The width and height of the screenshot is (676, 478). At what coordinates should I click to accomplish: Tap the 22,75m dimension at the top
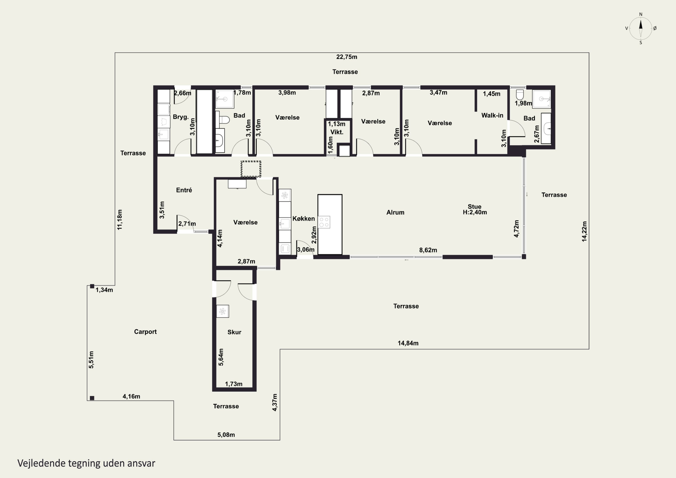coord(347,57)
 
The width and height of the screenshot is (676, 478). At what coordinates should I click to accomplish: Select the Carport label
coord(145,332)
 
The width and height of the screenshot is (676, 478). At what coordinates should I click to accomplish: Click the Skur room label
coord(234,332)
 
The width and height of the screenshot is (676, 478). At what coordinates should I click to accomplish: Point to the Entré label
coord(184,190)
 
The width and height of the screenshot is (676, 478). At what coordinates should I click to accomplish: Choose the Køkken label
coord(304,219)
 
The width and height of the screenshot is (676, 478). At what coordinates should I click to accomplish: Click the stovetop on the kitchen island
coord(324,222)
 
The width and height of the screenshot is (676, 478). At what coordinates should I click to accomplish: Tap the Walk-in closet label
coord(492,115)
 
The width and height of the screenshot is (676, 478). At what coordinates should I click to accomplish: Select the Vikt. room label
coord(337,132)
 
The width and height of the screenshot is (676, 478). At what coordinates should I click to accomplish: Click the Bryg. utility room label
coord(181,117)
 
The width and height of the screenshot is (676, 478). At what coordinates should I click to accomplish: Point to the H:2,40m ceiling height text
coord(475,212)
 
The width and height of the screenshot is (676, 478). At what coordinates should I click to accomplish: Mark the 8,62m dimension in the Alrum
coord(428,250)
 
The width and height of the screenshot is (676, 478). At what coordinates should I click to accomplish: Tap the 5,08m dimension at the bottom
coord(226,435)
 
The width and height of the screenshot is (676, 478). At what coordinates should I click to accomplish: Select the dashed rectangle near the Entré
coord(251,169)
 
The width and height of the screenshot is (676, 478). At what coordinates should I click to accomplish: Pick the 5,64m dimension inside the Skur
coord(221,357)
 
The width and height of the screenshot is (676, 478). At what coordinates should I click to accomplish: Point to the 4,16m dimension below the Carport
coord(131,396)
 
